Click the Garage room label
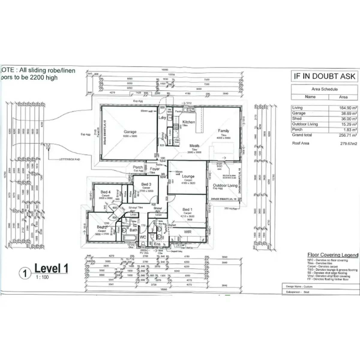(130, 132)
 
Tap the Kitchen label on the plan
(189, 122)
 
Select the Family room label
(223, 131)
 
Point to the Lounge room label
(188, 176)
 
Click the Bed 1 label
(187, 209)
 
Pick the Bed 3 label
(146, 184)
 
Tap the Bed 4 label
(105, 192)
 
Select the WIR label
(187, 232)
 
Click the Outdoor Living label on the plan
(225, 185)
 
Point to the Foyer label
(155, 169)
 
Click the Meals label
(194, 146)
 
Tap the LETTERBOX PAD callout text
(70, 160)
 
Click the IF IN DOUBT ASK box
(324, 76)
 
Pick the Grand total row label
(302, 135)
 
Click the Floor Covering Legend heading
(333, 255)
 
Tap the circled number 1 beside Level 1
(25, 273)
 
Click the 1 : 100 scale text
(42, 277)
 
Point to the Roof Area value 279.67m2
(349, 143)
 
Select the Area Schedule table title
(324, 89)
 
